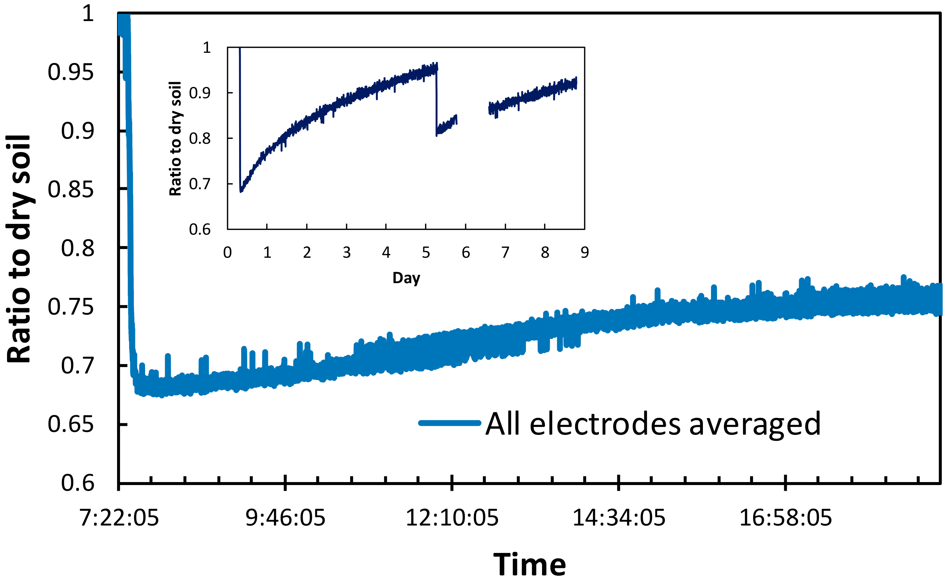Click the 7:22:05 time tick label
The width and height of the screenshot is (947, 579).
tap(119, 518)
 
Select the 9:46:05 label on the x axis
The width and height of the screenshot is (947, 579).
tap(285, 518)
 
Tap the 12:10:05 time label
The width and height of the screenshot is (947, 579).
tap(452, 518)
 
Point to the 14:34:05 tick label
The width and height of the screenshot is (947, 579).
tap(619, 518)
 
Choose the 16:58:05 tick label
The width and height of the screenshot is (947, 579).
tap(785, 518)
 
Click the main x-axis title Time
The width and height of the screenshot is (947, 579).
tap(530, 564)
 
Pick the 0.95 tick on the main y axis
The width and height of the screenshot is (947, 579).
tap(71, 72)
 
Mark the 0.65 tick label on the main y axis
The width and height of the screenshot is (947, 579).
tap(71, 424)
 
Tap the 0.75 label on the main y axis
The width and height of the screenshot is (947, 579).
tap(71, 307)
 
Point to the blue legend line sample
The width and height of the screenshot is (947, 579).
tap(450, 423)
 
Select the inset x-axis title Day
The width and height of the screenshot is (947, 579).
tap(406, 277)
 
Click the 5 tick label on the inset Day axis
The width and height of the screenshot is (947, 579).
tap(426, 252)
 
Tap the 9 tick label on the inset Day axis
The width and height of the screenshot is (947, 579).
tap(585, 252)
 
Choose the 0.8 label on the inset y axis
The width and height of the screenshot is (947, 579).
tap(200, 138)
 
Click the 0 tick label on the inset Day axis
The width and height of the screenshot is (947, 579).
tap(227, 252)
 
